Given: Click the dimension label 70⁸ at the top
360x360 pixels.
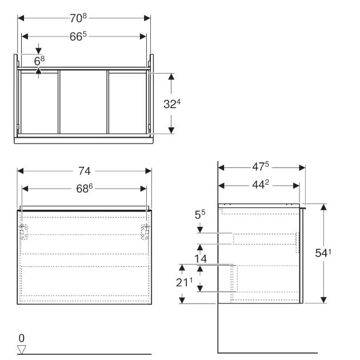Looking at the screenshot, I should click(84, 17).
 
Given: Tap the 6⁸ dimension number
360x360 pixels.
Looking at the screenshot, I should click(39, 59).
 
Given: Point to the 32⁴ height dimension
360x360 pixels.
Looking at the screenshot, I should click(172, 103).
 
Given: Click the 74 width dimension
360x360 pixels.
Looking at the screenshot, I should click(85, 170).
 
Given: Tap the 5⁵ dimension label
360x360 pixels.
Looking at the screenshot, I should click(200, 215).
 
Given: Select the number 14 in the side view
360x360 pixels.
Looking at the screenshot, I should click(200, 258).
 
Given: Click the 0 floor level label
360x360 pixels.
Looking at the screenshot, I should click(22, 337).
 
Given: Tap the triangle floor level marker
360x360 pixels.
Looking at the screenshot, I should click(22, 349).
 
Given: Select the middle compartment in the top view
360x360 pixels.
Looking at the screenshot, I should click(84, 102).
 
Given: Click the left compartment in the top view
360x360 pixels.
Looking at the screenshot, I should click(39, 102).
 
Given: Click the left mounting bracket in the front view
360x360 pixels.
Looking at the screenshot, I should click(23, 231).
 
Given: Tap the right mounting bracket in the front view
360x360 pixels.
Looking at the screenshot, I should click(145, 231).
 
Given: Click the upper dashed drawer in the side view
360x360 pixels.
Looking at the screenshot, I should click(264, 238).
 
